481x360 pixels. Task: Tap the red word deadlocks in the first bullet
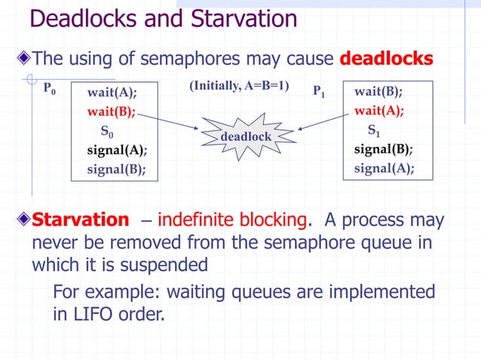tap(387, 58)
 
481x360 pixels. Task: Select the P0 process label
tap(50, 90)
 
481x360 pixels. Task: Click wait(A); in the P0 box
tap(112, 93)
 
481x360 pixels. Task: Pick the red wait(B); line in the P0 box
tap(112, 112)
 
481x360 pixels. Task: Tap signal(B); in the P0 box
tap(116, 169)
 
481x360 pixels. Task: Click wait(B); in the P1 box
tap(378, 92)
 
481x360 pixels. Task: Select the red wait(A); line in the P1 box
tap(378, 111)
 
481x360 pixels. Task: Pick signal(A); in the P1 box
tap(384, 167)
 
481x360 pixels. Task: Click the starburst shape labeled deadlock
tap(245, 136)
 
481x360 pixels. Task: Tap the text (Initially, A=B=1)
tap(239, 87)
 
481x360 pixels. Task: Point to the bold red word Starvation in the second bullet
tap(81, 220)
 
